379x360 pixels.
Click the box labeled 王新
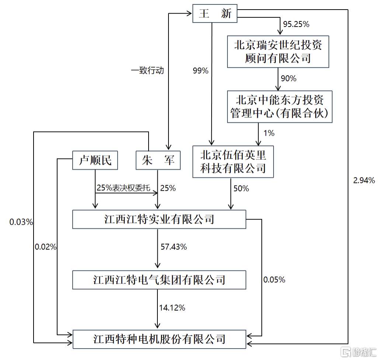click(215, 14)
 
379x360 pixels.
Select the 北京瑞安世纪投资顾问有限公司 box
click(278, 52)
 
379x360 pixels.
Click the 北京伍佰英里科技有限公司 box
click(233, 162)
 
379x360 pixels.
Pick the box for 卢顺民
click(95, 160)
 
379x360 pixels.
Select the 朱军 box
click(159, 160)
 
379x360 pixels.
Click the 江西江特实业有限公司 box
click(159, 219)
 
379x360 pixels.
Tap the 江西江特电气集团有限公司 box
click(159, 280)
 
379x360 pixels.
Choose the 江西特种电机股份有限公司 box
click(159, 339)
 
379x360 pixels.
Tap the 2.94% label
click(364, 180)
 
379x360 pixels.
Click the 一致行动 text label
click(147, 71)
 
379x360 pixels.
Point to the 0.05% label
click(274, 280)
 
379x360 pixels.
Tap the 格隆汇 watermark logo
click(357, 351)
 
